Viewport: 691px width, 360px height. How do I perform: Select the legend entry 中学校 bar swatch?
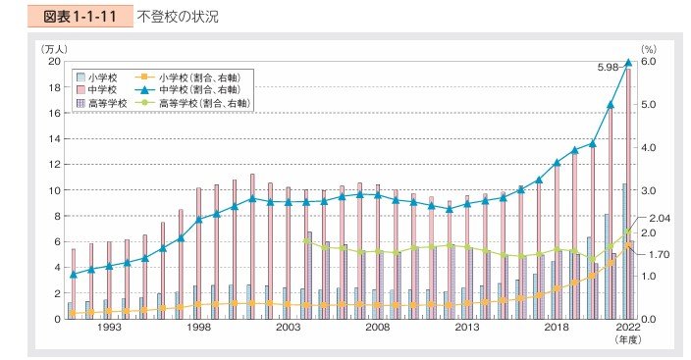[x=80, y=89]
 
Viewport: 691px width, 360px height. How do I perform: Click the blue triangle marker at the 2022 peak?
[x=628, y=62]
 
